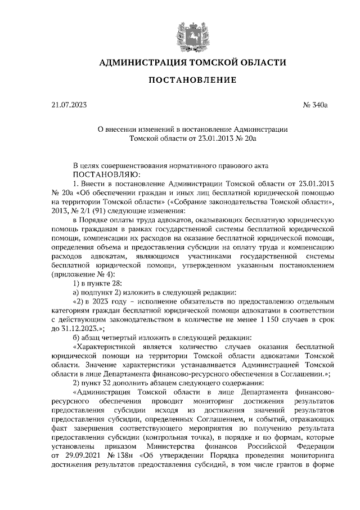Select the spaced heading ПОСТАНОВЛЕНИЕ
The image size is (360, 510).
[x=188, y=82]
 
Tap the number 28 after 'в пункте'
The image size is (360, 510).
[x=116, y=283]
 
